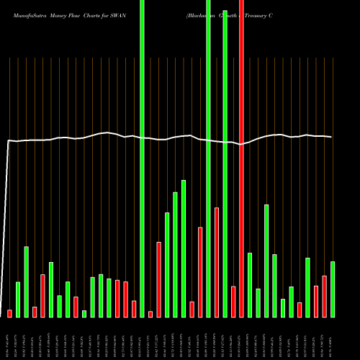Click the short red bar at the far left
(x=9, y=313)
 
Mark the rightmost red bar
(x=324, y=296)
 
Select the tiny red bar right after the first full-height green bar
(x=150, y=314)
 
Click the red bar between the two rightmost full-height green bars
(x=216, y=262)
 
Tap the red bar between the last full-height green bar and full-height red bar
(x=233, y=301)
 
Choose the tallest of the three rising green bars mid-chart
(x=184, y=248)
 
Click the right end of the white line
(x=332, y=137)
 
